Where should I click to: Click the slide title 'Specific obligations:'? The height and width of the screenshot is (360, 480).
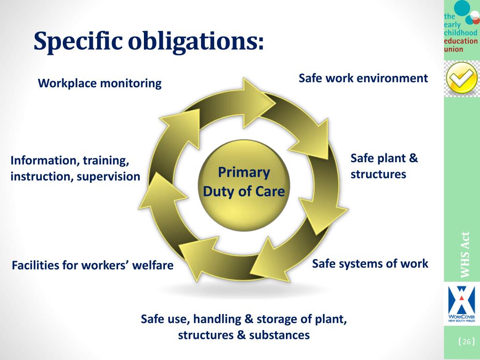[149, 42]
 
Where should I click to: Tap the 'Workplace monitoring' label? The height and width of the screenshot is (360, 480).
[99, 83]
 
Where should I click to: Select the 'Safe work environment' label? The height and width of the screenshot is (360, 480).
[363, 78]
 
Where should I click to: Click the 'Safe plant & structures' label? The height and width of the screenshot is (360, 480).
[384, 166]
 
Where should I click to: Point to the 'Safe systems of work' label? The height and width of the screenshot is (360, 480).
[370, 263]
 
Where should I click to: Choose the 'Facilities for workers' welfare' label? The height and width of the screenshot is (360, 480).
[92, 265]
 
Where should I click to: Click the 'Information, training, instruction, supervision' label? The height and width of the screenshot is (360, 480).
[75, 169]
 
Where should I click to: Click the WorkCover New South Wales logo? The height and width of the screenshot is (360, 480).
[462, 304]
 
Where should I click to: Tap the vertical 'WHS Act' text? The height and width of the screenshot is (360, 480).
[465, 255]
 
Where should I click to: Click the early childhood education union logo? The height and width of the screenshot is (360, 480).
[461, 28]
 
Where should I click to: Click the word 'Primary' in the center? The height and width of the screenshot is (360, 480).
[244, 172]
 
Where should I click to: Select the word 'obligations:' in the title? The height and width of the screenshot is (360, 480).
[195, 42]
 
